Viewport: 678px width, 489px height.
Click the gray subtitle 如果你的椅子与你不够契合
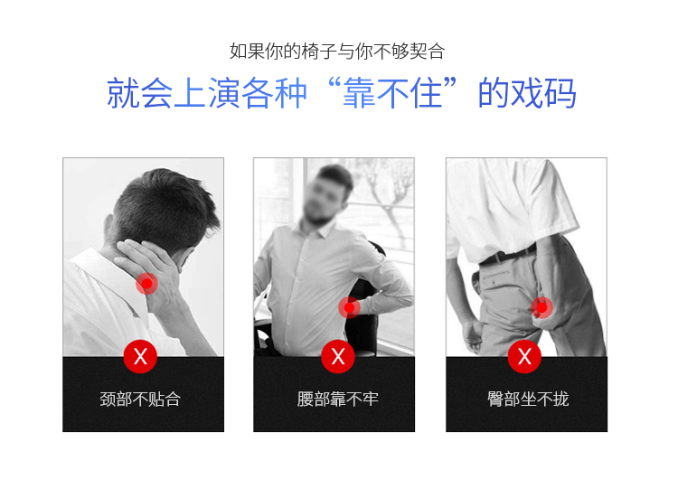[x=337, y=51]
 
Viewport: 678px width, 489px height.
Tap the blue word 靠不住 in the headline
[x=392, y=93]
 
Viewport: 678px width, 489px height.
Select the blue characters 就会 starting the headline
[x=139, y=93]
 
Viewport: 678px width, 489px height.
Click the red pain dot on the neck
[x=147, y=284]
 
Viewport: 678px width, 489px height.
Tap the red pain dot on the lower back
[x=349, y=308]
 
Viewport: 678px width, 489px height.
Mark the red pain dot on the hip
[x=541, y=308]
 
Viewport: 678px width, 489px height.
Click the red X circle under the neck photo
[x=140, y=357]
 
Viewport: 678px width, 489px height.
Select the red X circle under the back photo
[x=338, y=357]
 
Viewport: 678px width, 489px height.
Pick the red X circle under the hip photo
[x=524, y=357]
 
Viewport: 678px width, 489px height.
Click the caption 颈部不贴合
[x=140, y=400]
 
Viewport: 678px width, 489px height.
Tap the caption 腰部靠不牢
[x=338, y=400]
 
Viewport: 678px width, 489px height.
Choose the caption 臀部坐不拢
[x=528, y=400]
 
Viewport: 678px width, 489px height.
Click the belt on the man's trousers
[x=508, y=256]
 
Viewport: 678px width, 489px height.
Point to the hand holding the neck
[x=151, y=268]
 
